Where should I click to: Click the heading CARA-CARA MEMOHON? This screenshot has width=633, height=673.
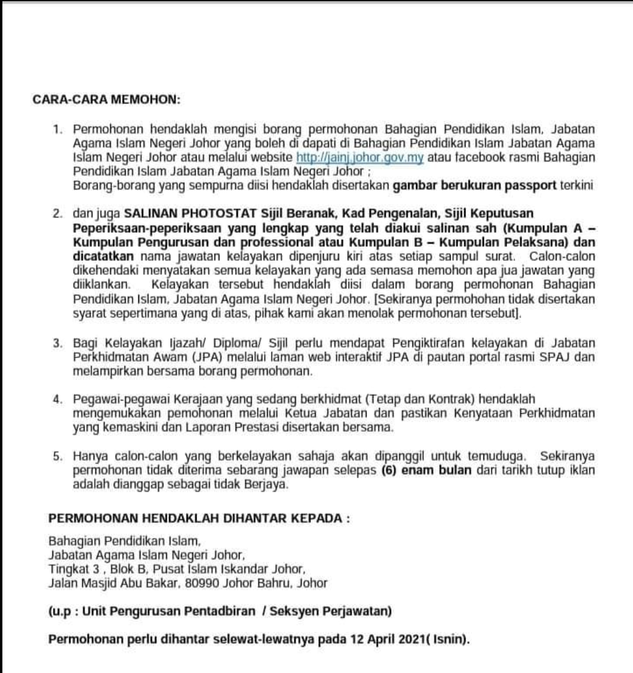click(x=105, y=99)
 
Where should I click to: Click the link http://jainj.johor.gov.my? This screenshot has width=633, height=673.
click(x=360, y=158)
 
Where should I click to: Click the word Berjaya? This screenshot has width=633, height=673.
click(x=268, y=484)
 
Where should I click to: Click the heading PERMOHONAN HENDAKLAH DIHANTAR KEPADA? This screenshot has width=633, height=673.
click(x=198, y=518)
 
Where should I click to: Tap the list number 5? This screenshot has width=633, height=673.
click(x=57, y=457)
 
